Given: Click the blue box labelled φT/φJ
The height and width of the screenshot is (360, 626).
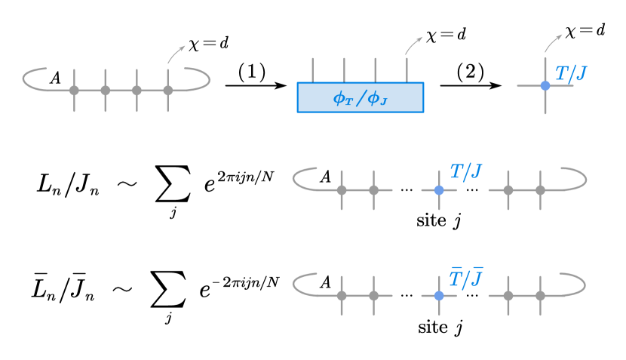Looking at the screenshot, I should [361, 97].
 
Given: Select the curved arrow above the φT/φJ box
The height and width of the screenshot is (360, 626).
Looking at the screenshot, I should [413, 46].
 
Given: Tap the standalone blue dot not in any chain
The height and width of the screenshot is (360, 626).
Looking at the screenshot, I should [545, 86].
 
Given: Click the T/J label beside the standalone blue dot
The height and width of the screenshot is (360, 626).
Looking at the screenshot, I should [571, 74].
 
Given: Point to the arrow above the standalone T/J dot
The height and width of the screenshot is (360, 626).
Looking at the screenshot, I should [553, 44].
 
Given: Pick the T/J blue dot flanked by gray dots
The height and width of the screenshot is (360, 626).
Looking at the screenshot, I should [439, 190].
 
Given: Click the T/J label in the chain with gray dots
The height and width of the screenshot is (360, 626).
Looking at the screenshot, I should [465, 172].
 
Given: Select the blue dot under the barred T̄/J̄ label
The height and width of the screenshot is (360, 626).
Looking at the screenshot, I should [439, 296].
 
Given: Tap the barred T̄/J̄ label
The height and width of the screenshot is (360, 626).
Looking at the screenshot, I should [465, 278].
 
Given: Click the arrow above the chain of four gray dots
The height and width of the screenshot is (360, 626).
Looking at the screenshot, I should [176, 54].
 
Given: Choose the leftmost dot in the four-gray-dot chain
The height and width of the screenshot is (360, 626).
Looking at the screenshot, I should [74, 91].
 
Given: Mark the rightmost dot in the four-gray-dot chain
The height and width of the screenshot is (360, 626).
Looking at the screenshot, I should [167, 91].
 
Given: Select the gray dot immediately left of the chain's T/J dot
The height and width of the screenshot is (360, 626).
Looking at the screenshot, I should [373, 190].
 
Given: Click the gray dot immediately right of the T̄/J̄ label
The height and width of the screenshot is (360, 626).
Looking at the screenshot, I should [508, 296].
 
